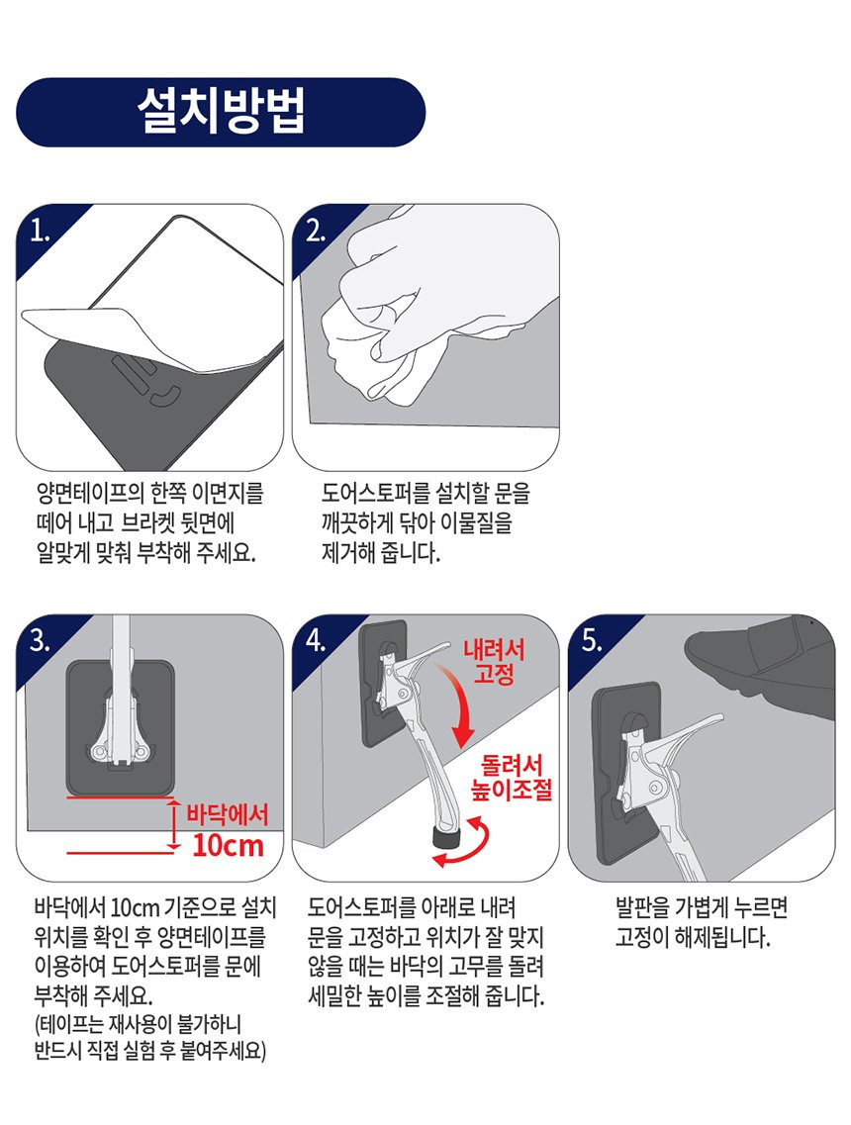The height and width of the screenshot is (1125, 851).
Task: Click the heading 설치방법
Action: (221, 111)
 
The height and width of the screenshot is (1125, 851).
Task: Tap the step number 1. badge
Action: (41, 231)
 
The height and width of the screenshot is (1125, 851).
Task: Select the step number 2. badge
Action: (316, 231)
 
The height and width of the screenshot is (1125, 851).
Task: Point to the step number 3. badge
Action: (41, 640)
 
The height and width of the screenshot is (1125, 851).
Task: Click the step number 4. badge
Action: (316, 640)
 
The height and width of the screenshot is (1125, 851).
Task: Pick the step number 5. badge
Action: (592, 640)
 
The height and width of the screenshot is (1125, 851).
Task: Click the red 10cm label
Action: (229, 846)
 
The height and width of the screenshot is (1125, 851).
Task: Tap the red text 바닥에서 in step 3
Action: (227, 814)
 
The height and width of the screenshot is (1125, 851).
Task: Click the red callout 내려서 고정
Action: (494, 662)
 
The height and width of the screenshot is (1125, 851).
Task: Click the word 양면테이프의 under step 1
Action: (87, 493)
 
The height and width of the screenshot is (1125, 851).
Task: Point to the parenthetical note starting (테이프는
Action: (150, 1038)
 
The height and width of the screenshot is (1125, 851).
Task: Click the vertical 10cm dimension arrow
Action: (173, 825)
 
